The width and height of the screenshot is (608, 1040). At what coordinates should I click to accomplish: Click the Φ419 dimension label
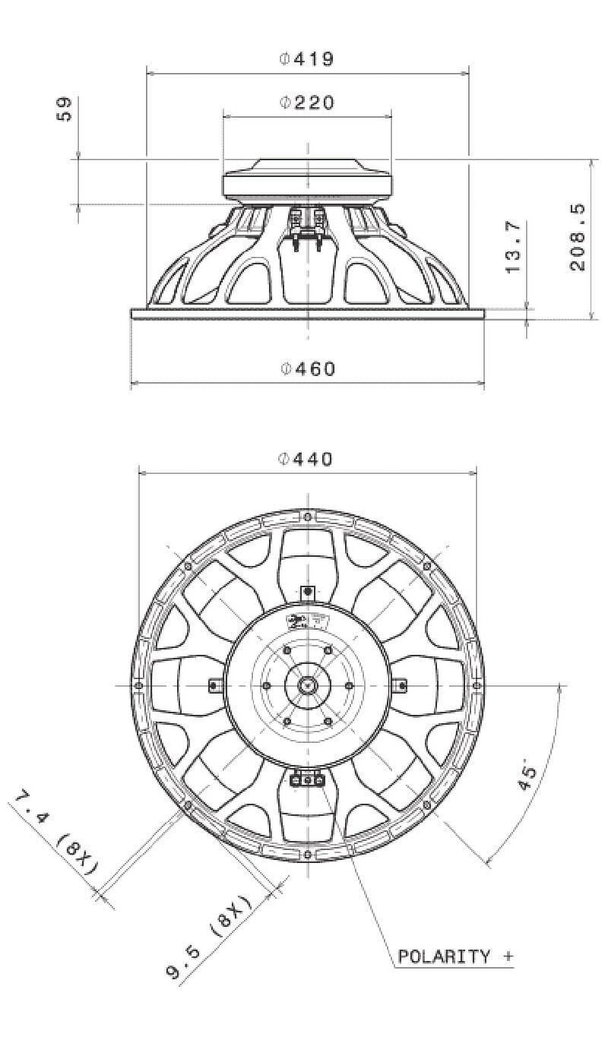coord(306,59)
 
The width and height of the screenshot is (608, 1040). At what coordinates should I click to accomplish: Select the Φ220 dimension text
coord(306,103)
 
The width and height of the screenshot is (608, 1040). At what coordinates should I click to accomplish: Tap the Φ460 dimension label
coord(307,368)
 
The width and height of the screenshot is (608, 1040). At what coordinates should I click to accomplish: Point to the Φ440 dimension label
coord(306,459)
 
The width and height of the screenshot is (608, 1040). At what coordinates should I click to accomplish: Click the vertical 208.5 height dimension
coord(577,237)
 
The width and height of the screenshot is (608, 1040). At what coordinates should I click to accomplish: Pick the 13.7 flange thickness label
coord(513,247)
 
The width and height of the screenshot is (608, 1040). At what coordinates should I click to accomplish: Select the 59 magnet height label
coord(63,109)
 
